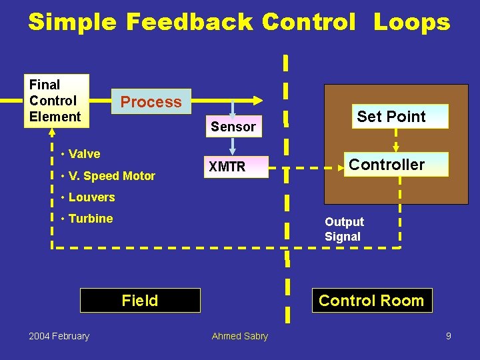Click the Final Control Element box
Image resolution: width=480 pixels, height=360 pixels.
[x=55, y=101]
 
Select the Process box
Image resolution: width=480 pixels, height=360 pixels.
[x=151, y=102]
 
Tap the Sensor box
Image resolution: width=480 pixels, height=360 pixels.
[x=233, y=126]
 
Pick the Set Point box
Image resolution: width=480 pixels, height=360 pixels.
[x=391, y=117]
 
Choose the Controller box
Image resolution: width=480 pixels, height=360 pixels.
[x=387, y=165]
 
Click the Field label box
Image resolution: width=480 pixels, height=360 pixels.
[x=140, y=301]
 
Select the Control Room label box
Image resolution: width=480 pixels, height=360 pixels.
[x=371, y=301]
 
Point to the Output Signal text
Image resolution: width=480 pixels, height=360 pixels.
[x=344, y=229]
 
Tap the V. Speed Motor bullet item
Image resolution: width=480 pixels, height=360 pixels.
[x=111, y=176]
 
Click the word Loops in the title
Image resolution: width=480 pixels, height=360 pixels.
[x=411, y=22]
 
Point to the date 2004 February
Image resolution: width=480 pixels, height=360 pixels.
[x=59, y=336]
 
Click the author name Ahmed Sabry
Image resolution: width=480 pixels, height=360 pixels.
[x=239, y=336]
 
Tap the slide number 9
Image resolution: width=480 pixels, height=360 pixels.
[x=449, y=336]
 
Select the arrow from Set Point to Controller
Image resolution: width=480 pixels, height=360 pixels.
[x=396, y=141]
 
